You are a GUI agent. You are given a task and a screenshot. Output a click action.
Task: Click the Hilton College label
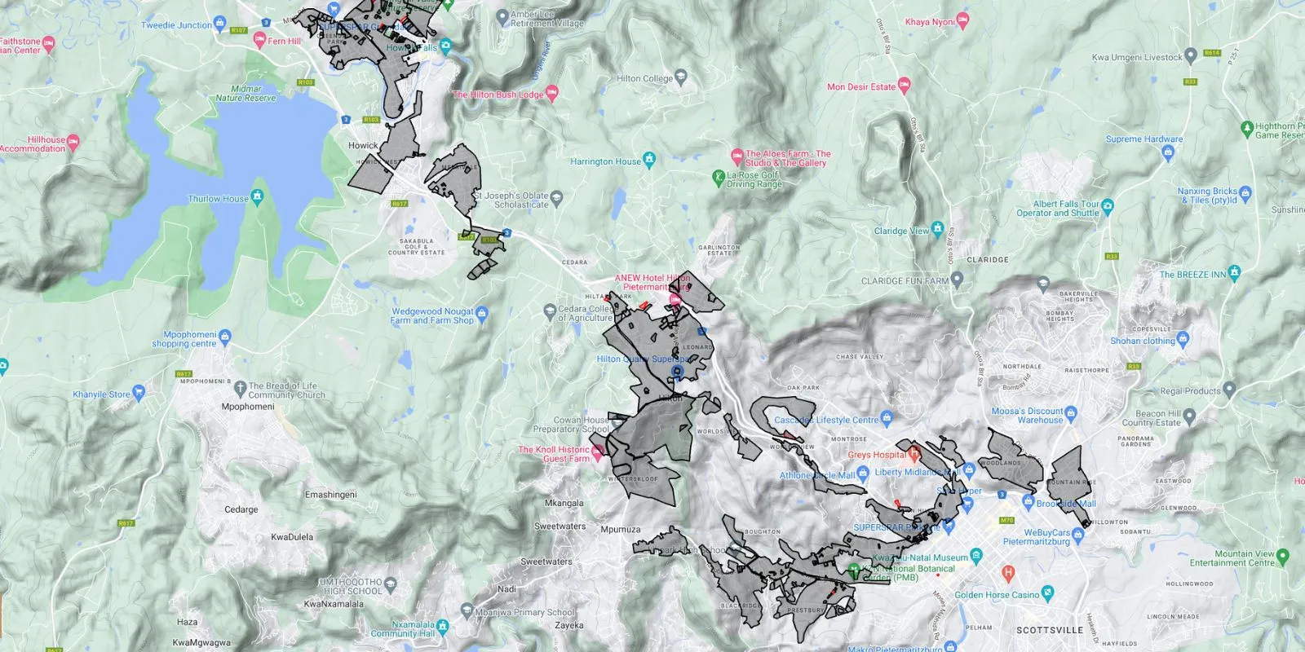644,78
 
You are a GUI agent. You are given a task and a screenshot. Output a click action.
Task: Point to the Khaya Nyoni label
929,22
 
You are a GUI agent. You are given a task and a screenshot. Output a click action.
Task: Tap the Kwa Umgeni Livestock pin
1191,55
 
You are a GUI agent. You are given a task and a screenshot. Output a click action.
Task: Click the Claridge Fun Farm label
905,280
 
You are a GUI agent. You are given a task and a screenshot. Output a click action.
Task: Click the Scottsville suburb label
1050,630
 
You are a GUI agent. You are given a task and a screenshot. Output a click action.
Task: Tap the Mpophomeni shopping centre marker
226,335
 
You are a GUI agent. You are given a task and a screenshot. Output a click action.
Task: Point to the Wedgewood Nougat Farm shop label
431,315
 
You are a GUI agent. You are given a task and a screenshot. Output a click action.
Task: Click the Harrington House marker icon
649,159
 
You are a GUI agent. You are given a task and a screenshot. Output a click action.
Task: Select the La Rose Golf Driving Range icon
719,175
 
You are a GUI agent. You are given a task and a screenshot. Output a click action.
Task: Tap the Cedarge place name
241,509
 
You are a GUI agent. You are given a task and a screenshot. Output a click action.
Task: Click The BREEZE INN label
1192,275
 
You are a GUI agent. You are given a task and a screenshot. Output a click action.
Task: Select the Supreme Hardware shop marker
1167,152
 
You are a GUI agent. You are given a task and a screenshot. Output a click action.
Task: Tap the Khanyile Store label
101,394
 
